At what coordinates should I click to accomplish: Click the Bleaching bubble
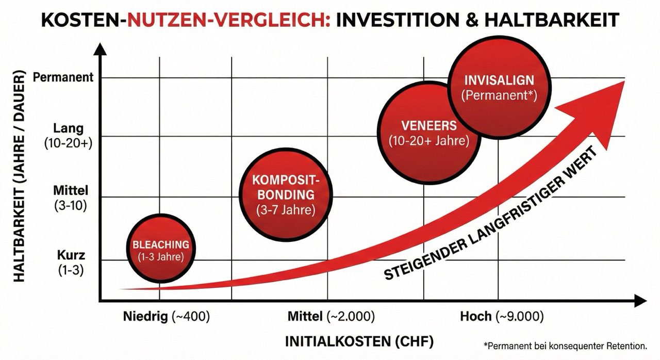pos(160,249)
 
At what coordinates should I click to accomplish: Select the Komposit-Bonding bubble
pos(285,194)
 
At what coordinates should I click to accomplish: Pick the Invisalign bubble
pos(498,87)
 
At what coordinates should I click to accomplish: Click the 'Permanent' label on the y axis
pos(63,77)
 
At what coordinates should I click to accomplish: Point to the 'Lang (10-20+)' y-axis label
pos(69,135)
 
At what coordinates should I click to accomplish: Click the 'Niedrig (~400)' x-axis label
pos(167,316)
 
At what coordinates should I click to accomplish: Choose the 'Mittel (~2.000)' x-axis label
pos(331,316)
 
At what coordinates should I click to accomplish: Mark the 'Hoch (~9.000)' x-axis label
pos(502,316)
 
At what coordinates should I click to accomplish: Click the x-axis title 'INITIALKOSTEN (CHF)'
pos(359,341)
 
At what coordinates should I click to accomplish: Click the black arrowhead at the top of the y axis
pos(100,50)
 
